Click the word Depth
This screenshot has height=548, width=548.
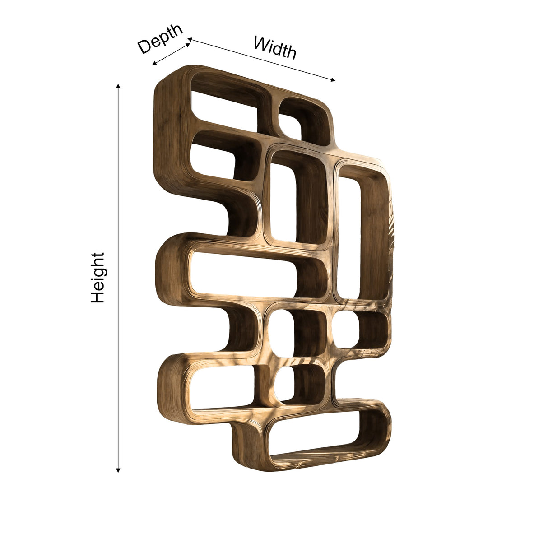tap(160, 39)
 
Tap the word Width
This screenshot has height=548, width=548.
tap(275, 48)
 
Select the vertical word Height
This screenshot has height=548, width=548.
tap(98, 278)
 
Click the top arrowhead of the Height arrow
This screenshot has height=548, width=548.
tap(118, 87)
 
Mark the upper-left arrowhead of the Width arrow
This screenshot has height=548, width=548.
tap(190, 39)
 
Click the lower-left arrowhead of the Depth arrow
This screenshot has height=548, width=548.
tap(154, 63)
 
